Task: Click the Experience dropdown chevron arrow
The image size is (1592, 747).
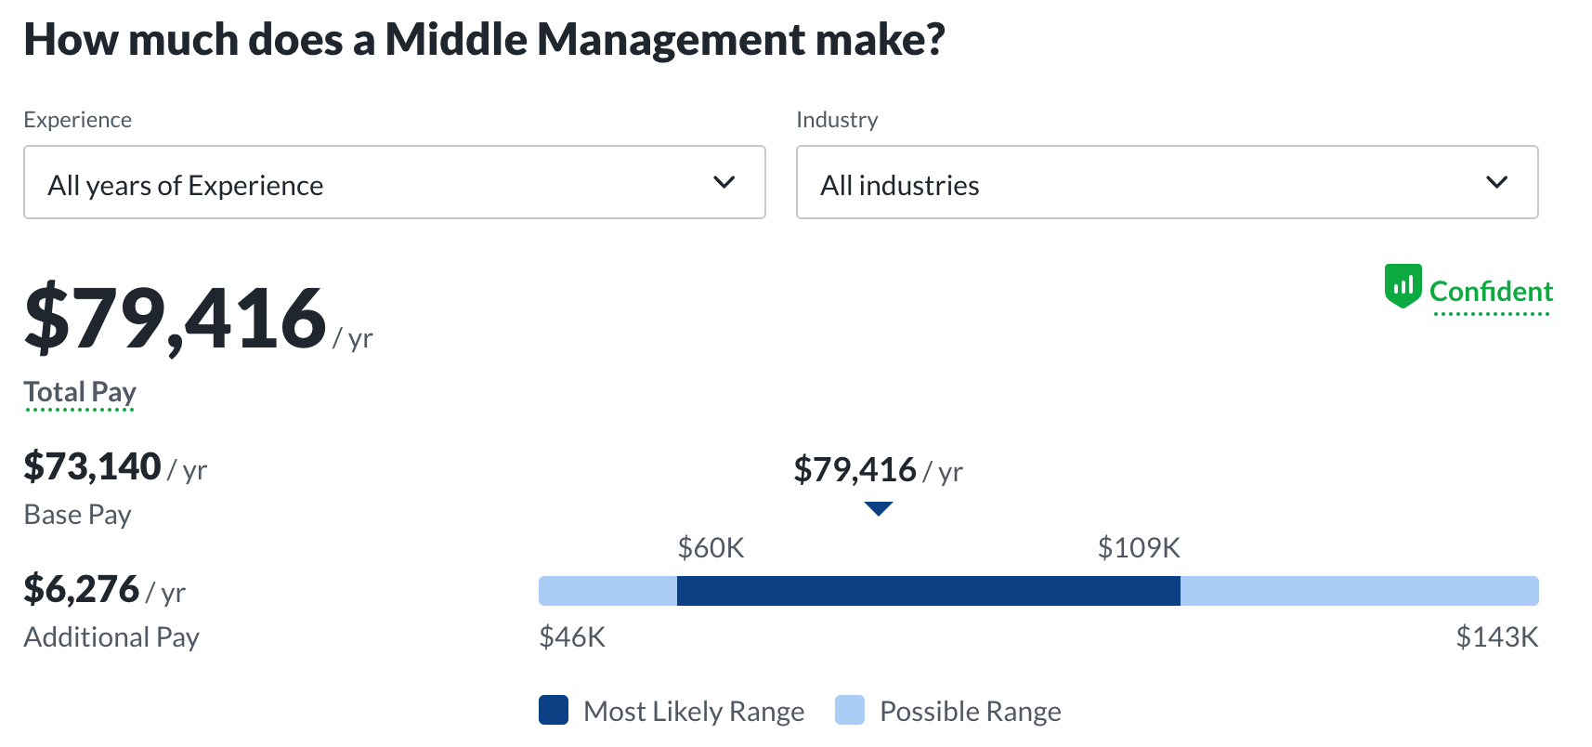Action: tap(724, 182)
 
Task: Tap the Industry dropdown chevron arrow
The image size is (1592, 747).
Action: tap(1496, 182)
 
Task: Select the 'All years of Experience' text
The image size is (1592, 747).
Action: tap(186, 186)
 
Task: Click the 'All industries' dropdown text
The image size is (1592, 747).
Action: tap(899, 186)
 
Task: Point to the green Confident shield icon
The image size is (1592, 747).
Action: tap(1403, 285)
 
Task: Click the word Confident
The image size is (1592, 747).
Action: tap(1491, 292)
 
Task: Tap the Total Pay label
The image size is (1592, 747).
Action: tap(80, 392)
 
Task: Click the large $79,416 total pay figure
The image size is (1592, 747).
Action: tap(176, 319)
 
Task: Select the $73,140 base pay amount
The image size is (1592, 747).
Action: tap(93, 466)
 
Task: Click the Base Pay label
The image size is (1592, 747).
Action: tap(77, 515)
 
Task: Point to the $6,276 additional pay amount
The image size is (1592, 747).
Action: tap(82, 589)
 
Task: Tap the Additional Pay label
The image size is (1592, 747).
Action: tap(111, 637)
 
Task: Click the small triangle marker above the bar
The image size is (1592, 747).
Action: tap(878, 508)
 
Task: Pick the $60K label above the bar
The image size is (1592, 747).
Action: tap(711, 548)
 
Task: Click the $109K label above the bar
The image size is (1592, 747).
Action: tap(1139, 548)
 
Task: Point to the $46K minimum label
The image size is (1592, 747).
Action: tap(572, 637)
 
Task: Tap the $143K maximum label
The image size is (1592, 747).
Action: tap(1496, 637)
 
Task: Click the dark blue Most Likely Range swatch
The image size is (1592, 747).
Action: tap(554, 710)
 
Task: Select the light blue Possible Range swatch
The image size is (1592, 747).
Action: tap(850, 710)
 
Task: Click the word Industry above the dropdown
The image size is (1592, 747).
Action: tap(837, 120)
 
